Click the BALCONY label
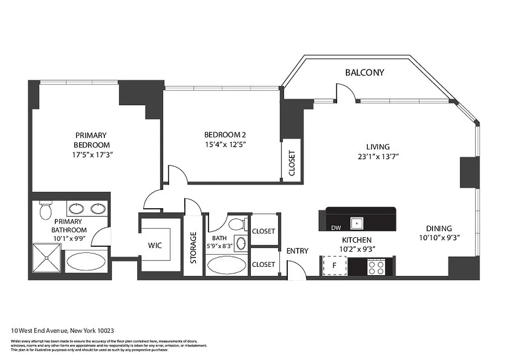[364, 72]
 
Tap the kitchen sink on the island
[357, 222]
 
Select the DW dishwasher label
[336, 228]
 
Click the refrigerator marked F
[334, 265]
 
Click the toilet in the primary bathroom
[45, 210]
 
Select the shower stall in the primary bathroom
[47, 258]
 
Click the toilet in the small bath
[236, 224]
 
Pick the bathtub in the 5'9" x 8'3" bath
[226, 265]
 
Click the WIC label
[155, 246]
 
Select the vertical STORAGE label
[193, 247]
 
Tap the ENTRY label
[297, 251]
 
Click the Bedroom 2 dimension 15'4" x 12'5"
[225, 144]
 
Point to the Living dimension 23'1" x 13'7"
[378, 157]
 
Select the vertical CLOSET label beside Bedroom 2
[291, 163]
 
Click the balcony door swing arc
[348, 91]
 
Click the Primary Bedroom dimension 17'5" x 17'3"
[92, 155]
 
